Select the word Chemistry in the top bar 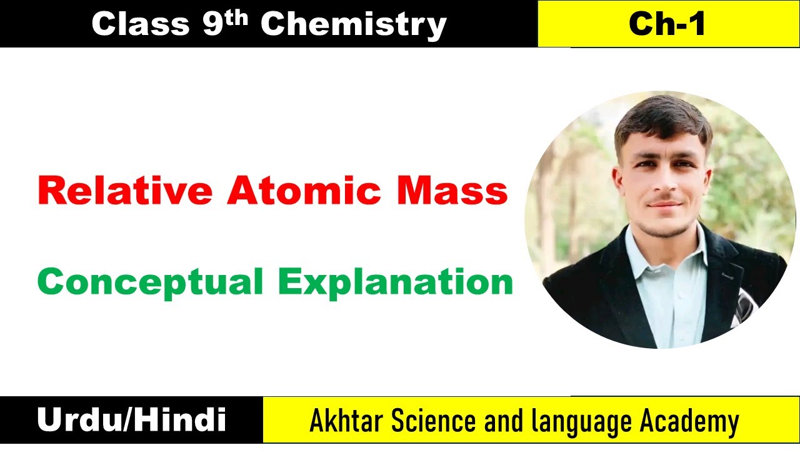(353, 24)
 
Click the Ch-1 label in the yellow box (667, 24)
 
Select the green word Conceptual (150, 282)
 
